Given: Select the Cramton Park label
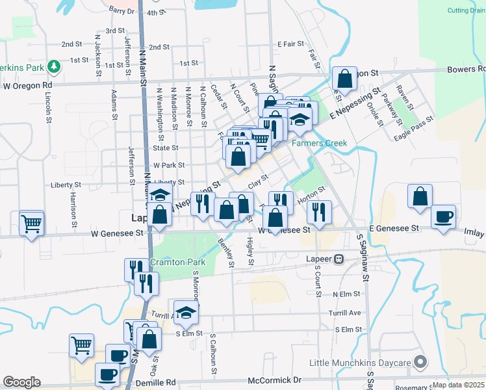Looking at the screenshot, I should click(x=177, y=262).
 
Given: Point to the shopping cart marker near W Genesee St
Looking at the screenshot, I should click(x=31, y=223).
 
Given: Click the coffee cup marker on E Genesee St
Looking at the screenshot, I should click(x=443, y=216).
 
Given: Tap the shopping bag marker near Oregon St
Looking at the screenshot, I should click(x=345, y=79).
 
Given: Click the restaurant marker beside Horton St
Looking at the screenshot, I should click(x=319, y=211).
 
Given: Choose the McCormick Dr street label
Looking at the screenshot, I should click(x=275, y=380).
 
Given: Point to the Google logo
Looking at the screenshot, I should click(x=21, y=382).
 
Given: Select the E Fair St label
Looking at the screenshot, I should click(x=290, y=44).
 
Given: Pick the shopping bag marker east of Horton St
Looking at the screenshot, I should click(x=420, y=196).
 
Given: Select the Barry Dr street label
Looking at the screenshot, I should click(x=122, y=10).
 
